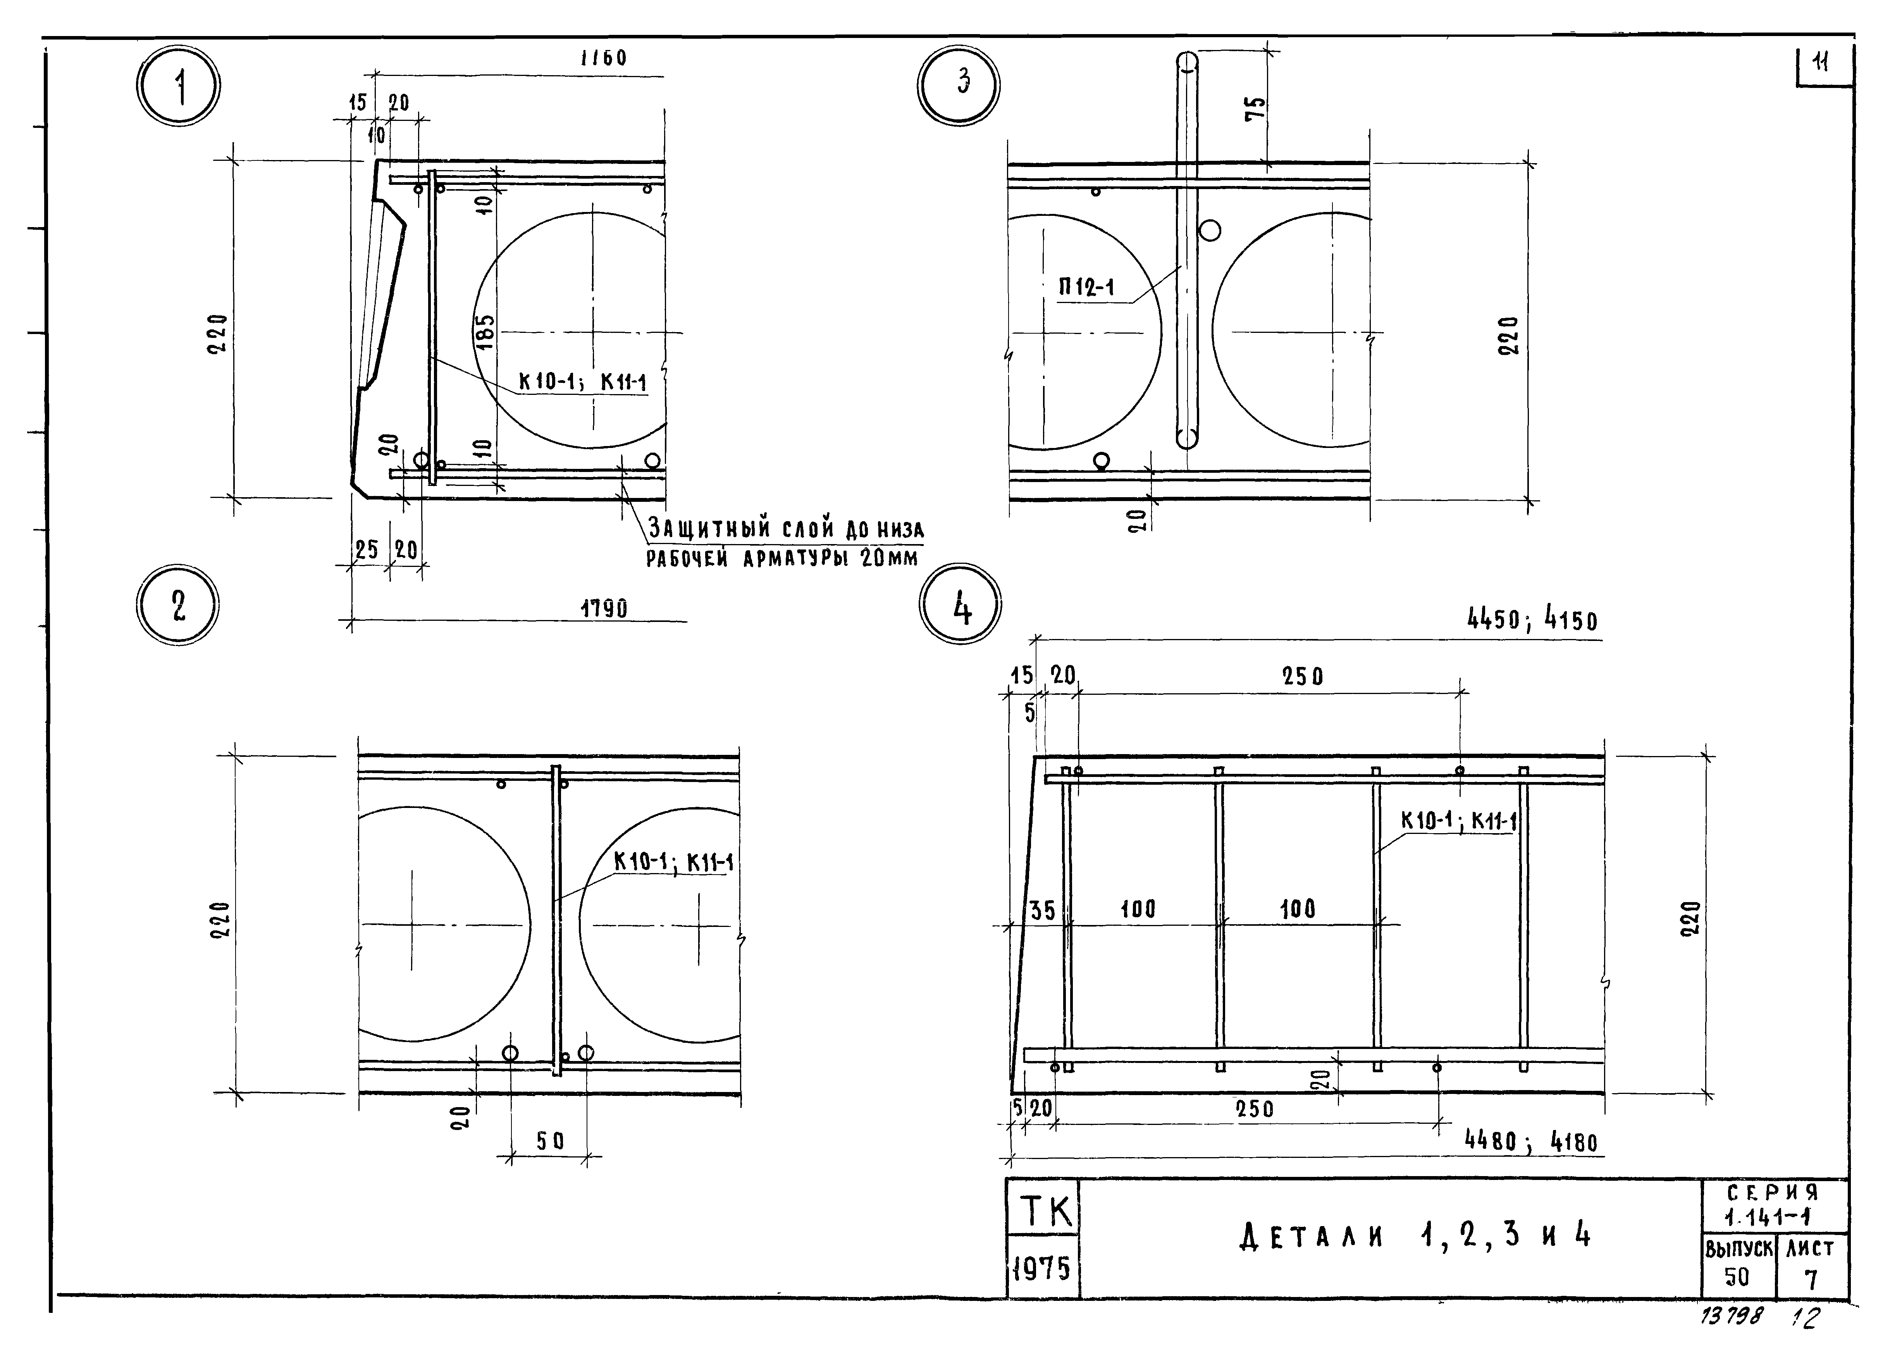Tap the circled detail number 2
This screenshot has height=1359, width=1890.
(x=177, y=606)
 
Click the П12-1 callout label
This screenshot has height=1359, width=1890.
(x=1087, y=288)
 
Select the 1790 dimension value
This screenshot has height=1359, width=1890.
(x=604, y=609)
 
